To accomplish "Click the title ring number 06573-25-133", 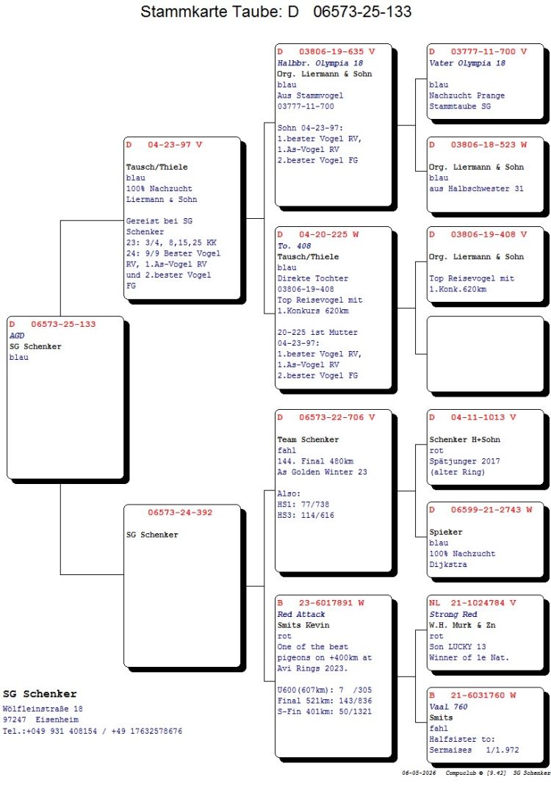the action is point(361,11).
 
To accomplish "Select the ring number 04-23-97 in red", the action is point(169,145).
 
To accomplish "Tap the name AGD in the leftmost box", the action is point(17,336).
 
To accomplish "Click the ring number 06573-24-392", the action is point(180,513).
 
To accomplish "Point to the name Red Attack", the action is point(300,614).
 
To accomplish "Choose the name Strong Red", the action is point(453,614).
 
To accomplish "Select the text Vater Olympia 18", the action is point(467,63).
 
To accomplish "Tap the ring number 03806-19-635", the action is point(331,51).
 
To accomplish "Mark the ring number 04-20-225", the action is point(323,234).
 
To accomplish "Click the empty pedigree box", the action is point(485,353).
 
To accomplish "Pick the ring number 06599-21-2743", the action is point(486,510).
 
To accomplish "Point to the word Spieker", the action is point(445,532).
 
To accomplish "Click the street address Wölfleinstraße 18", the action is point(43,709).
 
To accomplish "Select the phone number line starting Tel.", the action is point(93,731).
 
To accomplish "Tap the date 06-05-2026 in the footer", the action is point(419,773).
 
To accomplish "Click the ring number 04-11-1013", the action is point(478,417).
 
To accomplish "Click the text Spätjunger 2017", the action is point(464,461).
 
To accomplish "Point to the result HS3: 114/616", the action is point(306,515).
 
